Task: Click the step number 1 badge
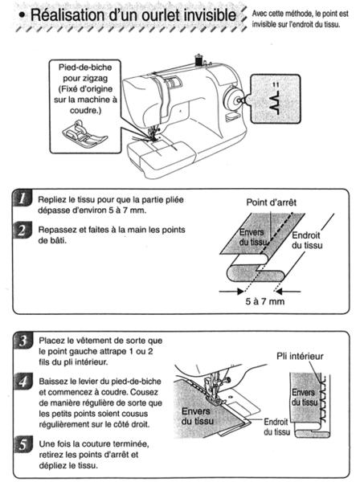22,198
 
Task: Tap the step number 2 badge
22,231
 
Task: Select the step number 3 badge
23,341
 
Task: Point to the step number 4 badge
23,382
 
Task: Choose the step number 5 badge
23,445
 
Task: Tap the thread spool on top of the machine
198,60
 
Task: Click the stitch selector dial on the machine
233,97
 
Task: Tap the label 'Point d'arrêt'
271,202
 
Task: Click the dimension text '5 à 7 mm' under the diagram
265,301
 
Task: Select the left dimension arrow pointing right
231,291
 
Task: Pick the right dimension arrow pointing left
288,291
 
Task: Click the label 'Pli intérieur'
300,356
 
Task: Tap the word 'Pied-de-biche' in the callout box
85,67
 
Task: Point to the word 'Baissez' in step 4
51,382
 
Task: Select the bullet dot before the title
22,16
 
